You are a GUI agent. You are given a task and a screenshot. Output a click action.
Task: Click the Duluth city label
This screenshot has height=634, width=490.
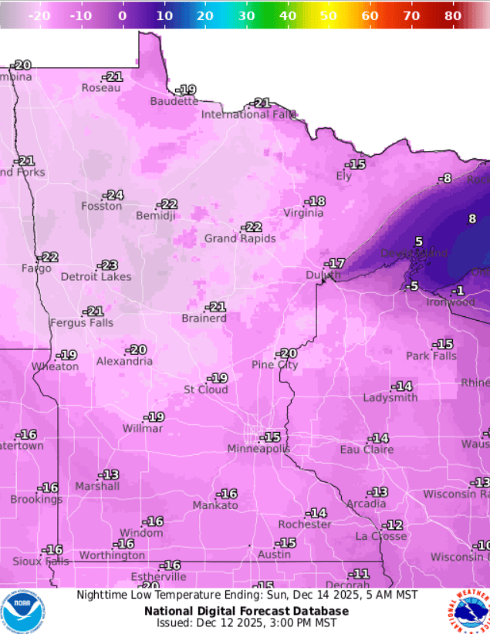coord(323,275)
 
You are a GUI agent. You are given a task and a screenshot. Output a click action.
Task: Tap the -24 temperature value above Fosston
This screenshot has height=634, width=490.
coord(114,195)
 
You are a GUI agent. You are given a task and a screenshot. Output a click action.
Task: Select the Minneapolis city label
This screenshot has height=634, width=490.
coord(259,449)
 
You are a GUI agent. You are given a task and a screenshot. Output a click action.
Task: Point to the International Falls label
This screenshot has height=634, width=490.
coord(249,114)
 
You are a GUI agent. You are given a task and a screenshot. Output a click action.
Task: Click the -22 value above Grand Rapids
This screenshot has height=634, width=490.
coord(252,228)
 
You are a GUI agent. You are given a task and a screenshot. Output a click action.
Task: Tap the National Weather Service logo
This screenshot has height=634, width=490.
coord(468,611)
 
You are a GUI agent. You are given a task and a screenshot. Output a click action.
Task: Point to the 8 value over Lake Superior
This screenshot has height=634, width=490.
coord(472,218)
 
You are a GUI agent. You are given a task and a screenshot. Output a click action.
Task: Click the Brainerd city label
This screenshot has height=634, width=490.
coord(204,319)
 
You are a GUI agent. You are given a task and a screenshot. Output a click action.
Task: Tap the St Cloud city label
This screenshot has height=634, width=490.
coord(205,390)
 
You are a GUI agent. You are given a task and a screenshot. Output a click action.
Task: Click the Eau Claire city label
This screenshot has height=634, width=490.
coord(367,450)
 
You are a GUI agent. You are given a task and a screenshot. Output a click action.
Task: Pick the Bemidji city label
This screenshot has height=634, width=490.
coord(157,215)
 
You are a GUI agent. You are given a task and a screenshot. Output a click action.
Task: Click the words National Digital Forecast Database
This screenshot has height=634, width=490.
coord(246,611)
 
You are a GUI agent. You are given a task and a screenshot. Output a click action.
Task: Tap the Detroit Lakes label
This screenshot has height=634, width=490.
coord(96,277)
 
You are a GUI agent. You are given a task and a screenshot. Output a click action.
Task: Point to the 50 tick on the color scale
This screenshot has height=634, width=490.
coord(329,15)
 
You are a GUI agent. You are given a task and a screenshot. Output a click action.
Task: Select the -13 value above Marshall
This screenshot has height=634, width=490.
coord(108,475)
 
